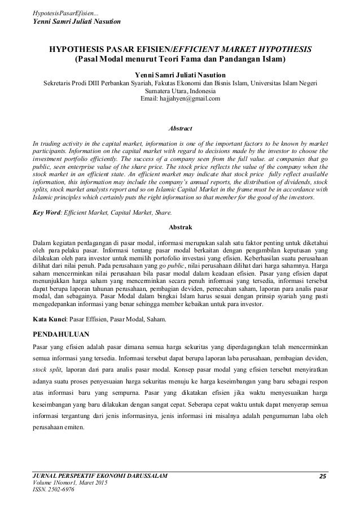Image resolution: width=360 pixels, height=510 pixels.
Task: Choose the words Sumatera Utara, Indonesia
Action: (181, 90)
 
